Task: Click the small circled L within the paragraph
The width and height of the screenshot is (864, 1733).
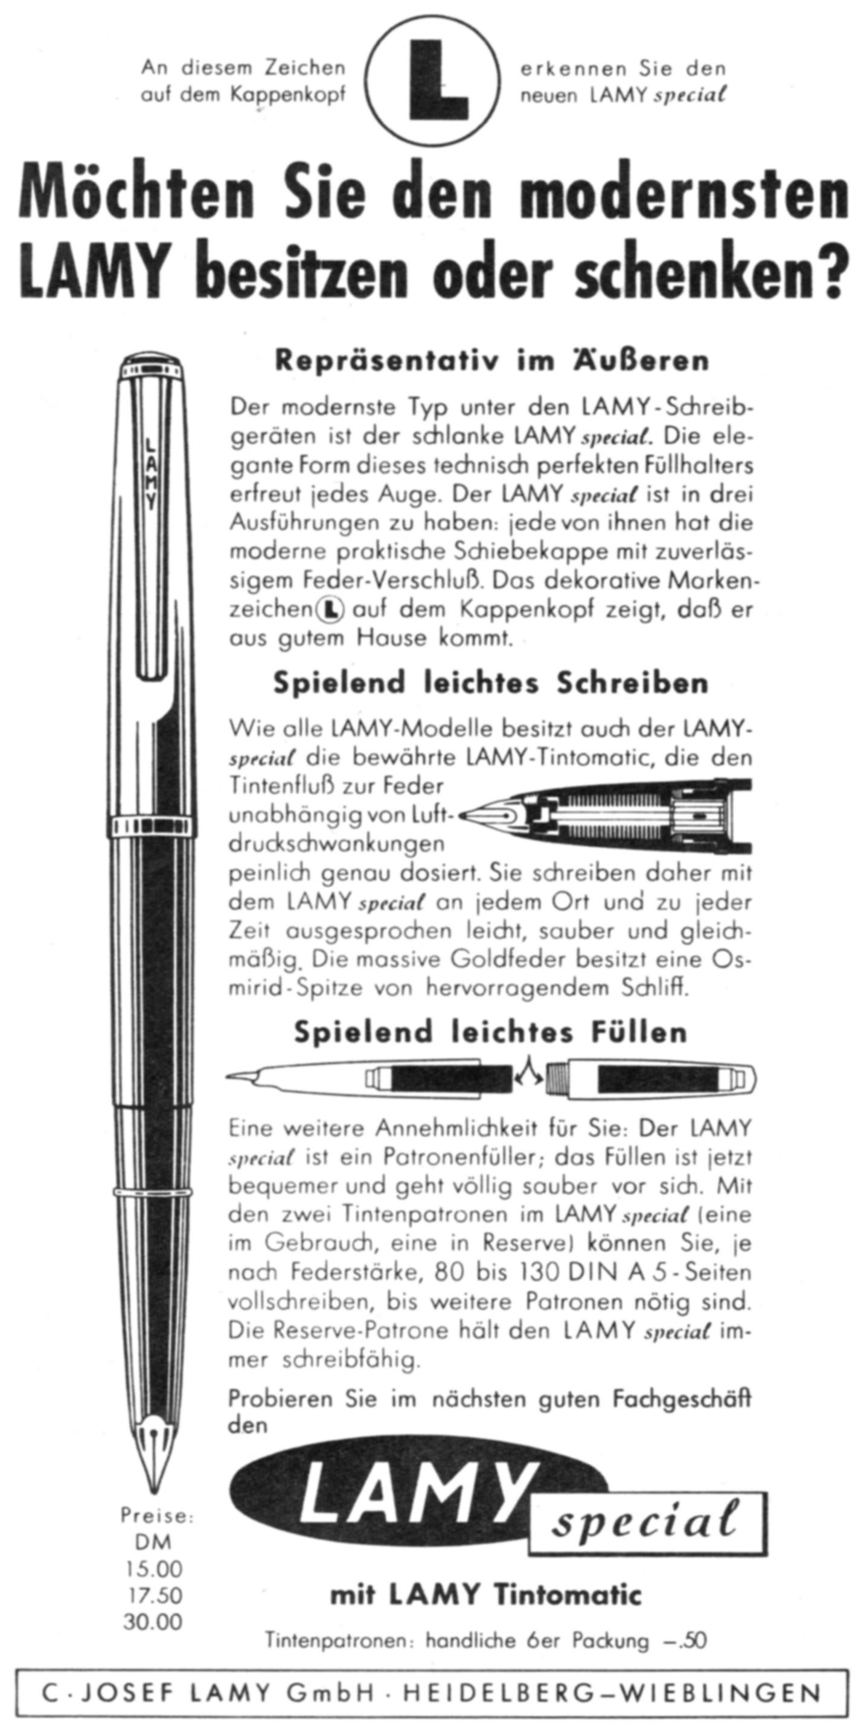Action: pos(330,610)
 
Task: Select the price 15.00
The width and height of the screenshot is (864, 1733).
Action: pos(154,1569)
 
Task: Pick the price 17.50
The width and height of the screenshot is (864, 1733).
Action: pos(154,1596)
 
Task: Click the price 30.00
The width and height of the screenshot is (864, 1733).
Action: pos(154,1622)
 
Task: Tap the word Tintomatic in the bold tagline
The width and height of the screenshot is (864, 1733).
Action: pos(568,1595)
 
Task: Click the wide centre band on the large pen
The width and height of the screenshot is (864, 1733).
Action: pos(154,828)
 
